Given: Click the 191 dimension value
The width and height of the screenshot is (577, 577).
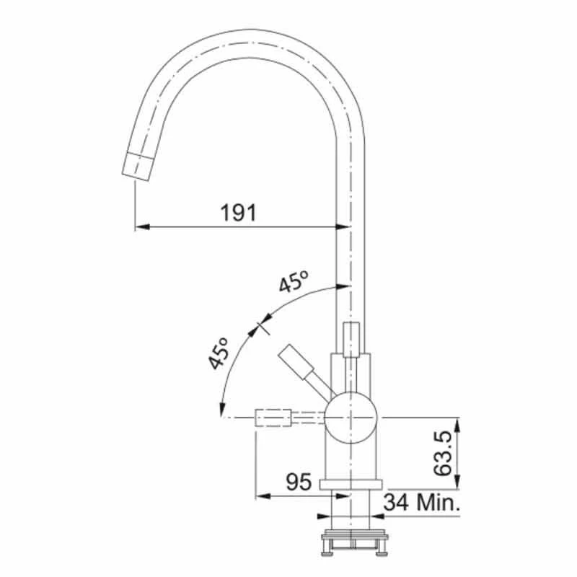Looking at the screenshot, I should pyautogui.click(x=238, y=213).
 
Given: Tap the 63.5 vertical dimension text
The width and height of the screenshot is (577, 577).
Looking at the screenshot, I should pyautogui.click(x=444, y=453).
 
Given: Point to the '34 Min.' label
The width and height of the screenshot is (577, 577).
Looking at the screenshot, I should pyautogui.click(x=422, y=502).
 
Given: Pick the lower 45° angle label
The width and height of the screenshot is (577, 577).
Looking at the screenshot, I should pyautogui.click(x=219, y=353).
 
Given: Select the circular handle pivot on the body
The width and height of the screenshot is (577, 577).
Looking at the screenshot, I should pyautogui.click(x=351, y=418).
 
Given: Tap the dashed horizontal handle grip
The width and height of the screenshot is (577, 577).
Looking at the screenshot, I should pyautogui.click(x=273, y=418).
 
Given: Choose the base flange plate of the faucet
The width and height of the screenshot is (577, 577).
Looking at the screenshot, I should pyautogui.click(x=351, y=484).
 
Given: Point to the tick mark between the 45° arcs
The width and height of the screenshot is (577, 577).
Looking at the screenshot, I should pyautogui.click(x=260, y=325).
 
